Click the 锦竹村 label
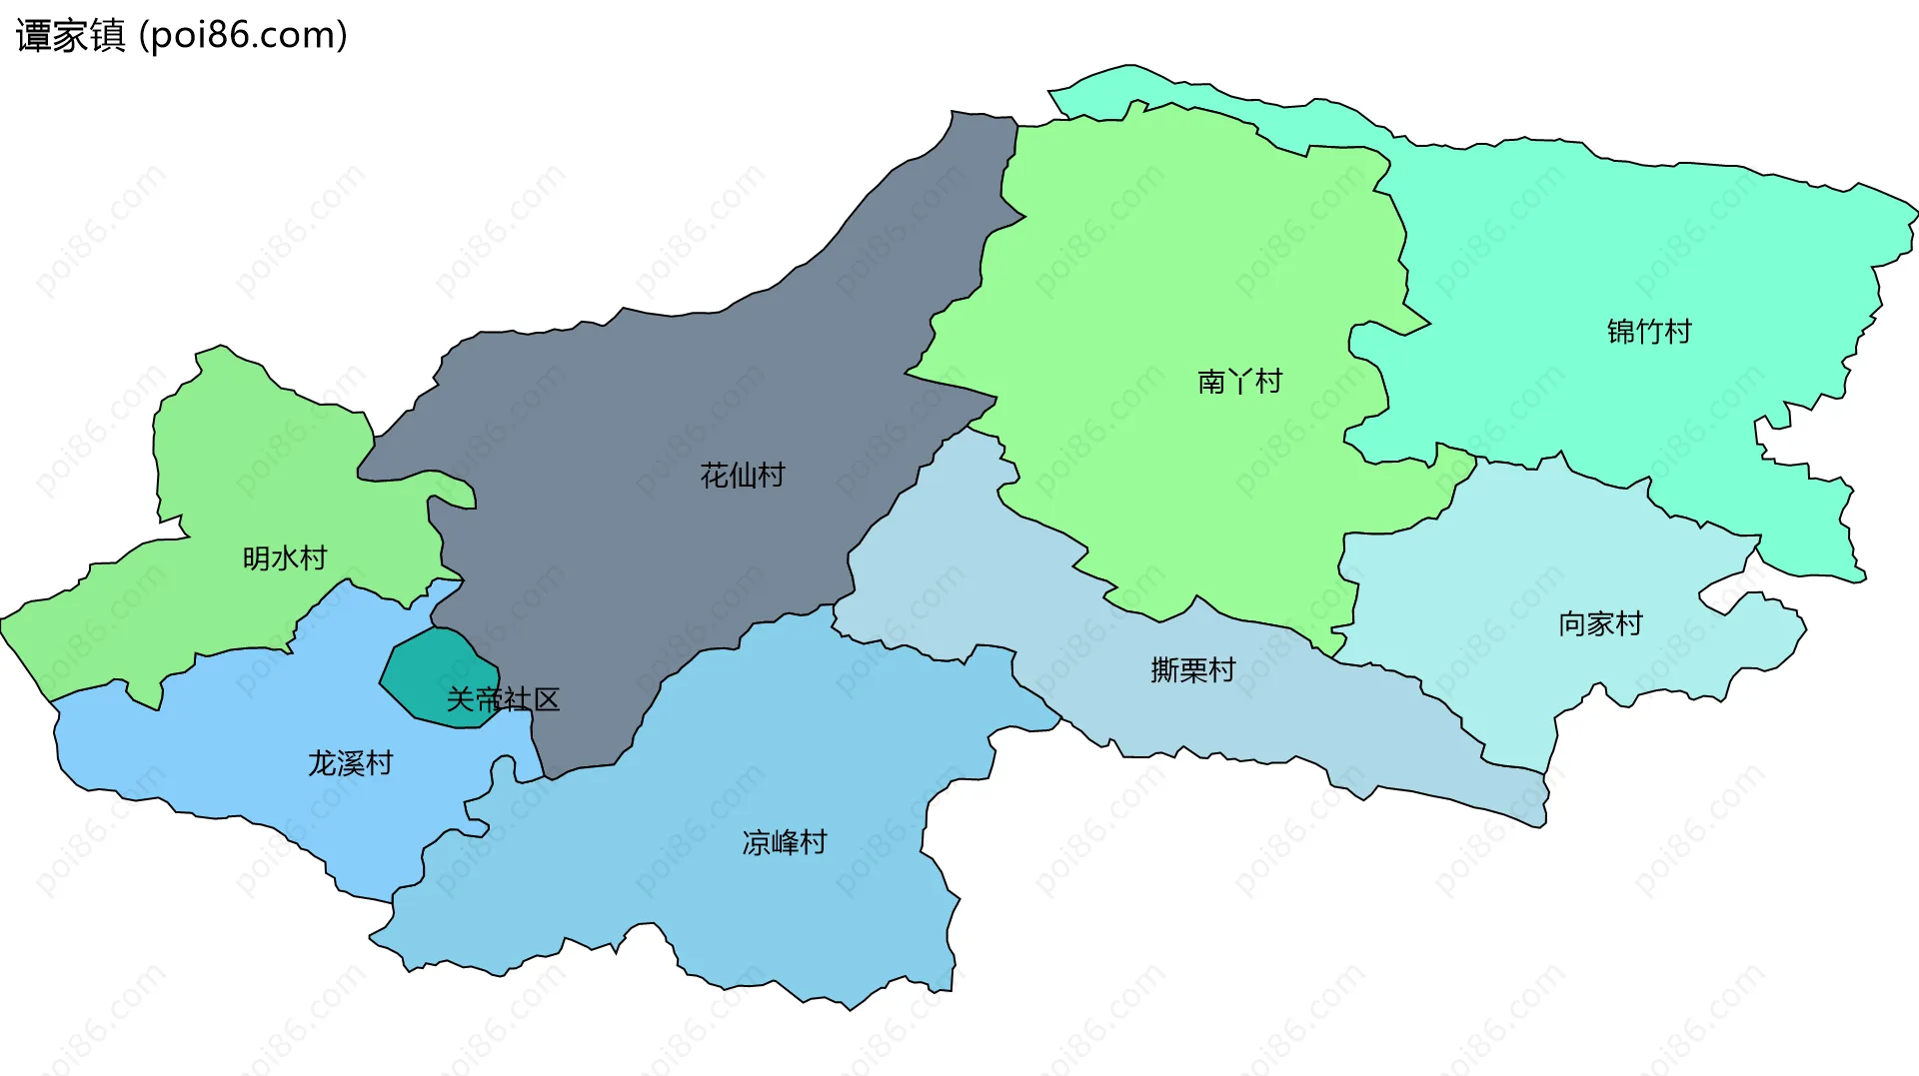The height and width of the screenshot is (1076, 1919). tap(1648, 332)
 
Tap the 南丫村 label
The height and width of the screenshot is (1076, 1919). tap(1239, 382)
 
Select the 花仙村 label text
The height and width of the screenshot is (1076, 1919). tap(743, 476)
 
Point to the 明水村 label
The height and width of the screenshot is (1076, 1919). tap(285, 558)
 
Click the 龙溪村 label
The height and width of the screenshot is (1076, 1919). tap(350, 764)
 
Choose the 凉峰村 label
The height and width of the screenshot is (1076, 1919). tap(785, 843)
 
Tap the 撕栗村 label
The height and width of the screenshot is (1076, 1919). tap(1193, 670)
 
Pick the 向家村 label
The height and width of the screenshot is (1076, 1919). tap(1600, 624)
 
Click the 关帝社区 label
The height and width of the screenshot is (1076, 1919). tap(503, 699)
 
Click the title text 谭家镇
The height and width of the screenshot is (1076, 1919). tap(70, 36)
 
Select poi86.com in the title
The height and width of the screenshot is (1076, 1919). tap(244, 36)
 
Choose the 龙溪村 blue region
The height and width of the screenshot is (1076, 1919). tap(250, 729)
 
